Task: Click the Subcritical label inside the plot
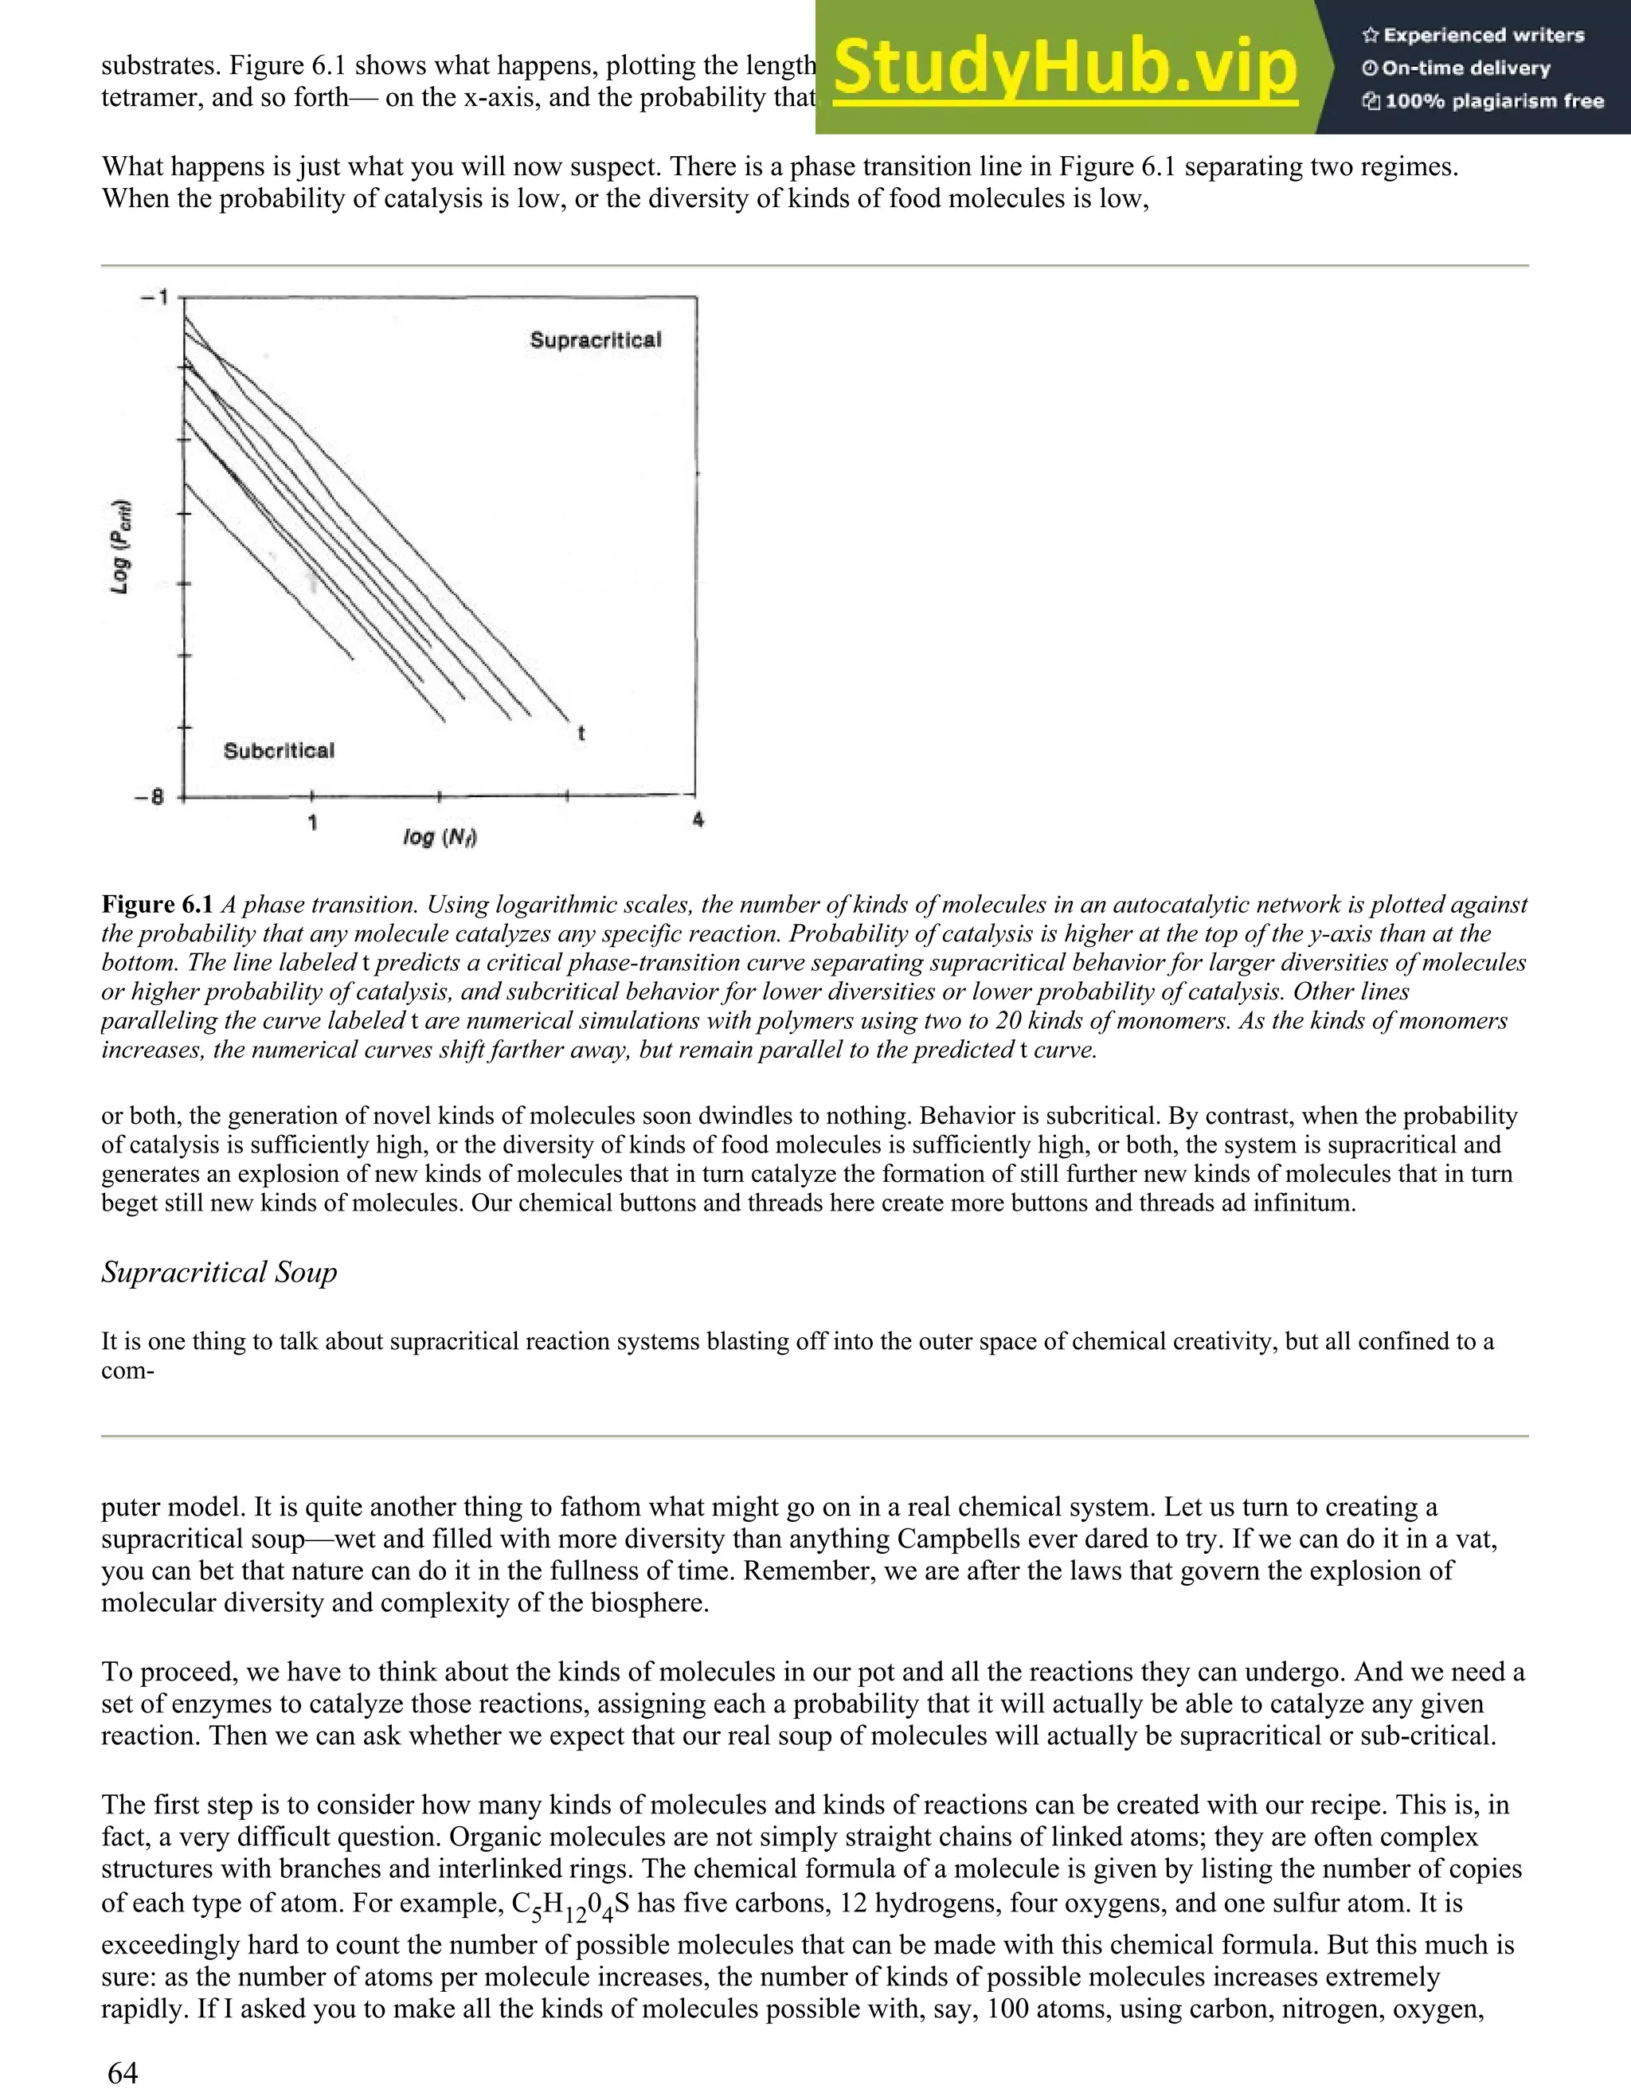tap(279, 751)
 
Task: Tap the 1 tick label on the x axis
tap(313, 822)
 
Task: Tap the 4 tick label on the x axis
tap(698, 820)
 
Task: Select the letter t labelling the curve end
tap(581, 734)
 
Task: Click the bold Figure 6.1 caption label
tap(158, 905)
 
